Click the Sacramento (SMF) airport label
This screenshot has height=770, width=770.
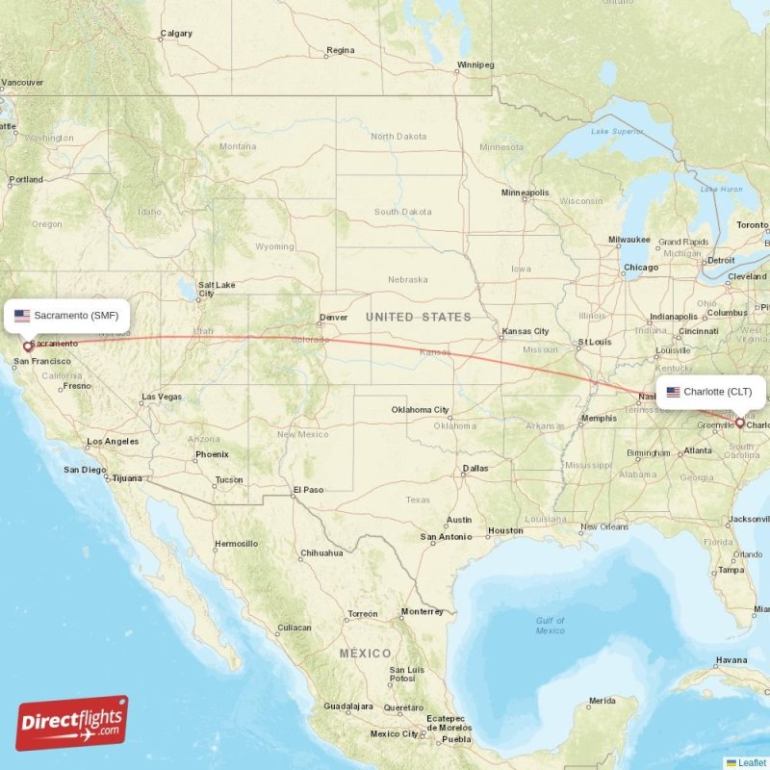click(67, 315)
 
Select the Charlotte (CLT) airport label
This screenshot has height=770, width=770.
click(712, 392)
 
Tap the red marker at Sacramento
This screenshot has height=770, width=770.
click(28, 346)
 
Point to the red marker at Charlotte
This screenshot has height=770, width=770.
click(739, 423)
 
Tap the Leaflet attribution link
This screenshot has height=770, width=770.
click(752, 762)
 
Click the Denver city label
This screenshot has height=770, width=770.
click(334, 317)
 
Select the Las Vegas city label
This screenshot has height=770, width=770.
click(162, 397)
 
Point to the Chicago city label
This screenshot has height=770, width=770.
click(641, 267)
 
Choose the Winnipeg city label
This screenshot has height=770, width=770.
click(475, 65)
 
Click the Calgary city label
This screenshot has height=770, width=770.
click(176, 34)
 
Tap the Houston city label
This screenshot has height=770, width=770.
click(505, 530)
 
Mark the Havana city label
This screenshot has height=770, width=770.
click(731, 660)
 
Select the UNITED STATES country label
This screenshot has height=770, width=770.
click(419, 317)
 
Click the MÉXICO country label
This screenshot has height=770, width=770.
click(365, 654)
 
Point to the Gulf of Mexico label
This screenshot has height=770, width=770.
click(551, 625)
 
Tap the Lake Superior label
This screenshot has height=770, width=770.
click(616, 131)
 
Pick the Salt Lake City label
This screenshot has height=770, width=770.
click(217, 290)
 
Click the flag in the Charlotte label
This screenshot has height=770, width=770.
click(673, 392)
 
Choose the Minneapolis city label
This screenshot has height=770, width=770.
click(525, 192)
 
